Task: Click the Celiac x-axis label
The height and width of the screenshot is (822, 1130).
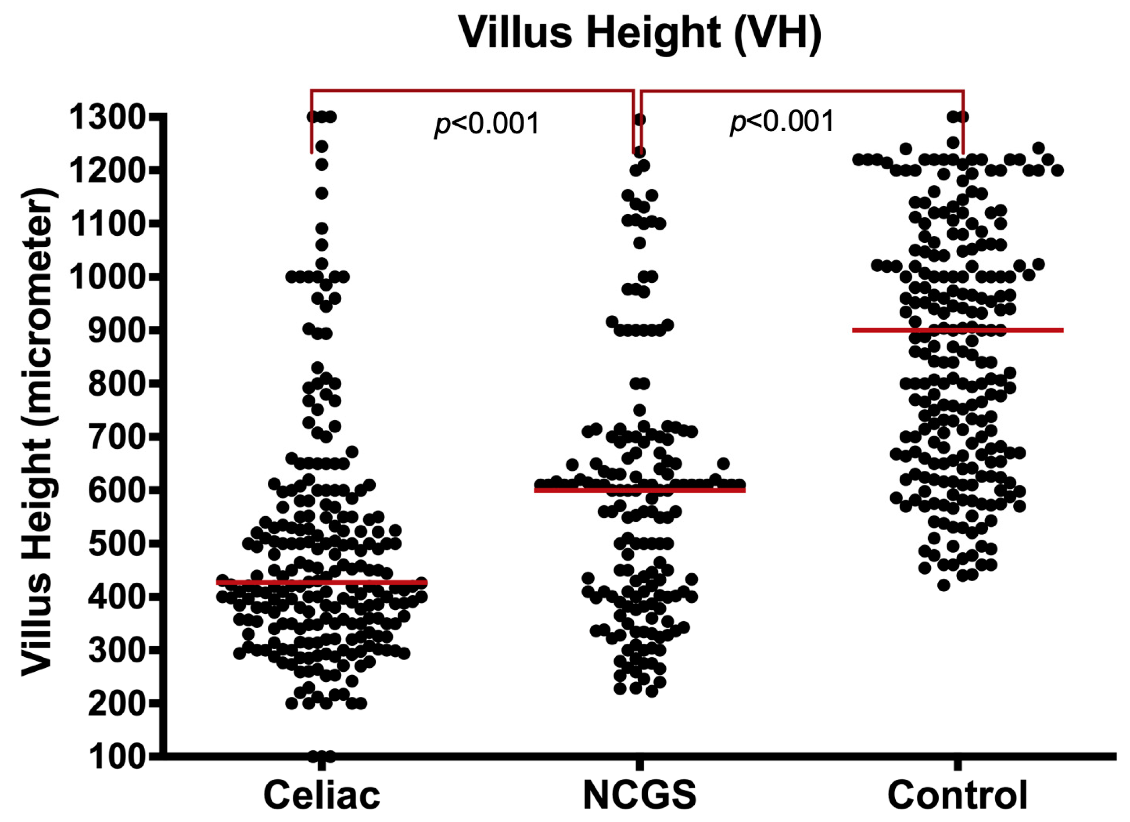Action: click(x=322, y=795)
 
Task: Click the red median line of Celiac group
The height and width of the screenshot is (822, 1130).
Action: click(x=322, y=582)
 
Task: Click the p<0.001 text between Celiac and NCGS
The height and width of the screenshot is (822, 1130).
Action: click(x=487, y=123)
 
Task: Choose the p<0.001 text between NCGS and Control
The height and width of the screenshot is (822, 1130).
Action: click(x=781, y=122)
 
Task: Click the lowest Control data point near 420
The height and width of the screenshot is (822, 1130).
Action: click(x=943, y=585)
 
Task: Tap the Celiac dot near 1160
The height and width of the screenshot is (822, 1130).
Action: click(x=322, y=193)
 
